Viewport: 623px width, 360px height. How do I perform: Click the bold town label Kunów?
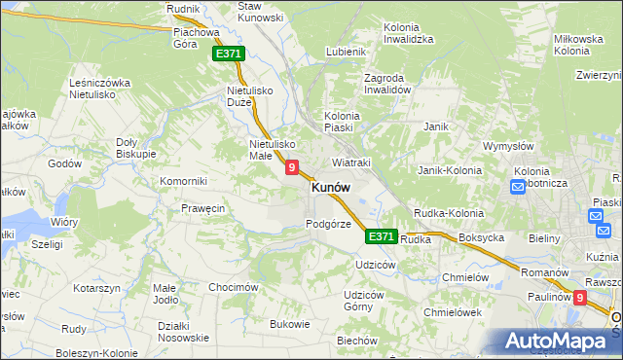pyautogui.click(x=331, y=188)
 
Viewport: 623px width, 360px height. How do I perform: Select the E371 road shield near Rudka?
pyautogui.click(x=382, y=236)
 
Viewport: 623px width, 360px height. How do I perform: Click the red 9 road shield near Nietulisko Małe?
pyautogui.click(x=291, y=168)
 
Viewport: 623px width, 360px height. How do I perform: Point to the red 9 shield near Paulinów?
pyautogui.click(x=581, y=299)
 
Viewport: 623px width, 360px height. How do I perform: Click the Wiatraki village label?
pyautogui.click(x=351, y=162)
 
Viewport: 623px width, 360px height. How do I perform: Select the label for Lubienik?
pyautogui.click(x=346, y=52)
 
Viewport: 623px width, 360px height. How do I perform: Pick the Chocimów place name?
pyautogui.click(x=233, y=288)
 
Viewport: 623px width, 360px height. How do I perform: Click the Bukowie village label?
pyautogui.click(x=290, y=324)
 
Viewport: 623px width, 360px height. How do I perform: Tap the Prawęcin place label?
pyautogui.click(x=203, y=208)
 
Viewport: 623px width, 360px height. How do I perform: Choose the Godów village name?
pyautogui.click(x=64, y=163)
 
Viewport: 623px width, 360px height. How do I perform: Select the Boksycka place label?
pyautogui.click(x=481, y=237)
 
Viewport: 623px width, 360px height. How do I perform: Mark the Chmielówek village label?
pyautogui.click(x=454, y=312)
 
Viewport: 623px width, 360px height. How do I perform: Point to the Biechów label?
pyautogui.click(x=356, y=341)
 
